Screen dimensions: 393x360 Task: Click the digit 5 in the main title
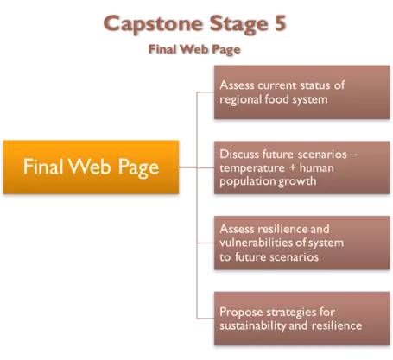[280, 23]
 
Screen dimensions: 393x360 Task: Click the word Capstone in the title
[153, 24]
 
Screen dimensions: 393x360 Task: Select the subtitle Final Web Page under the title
[194, 49]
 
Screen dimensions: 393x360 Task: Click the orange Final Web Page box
[91, 167]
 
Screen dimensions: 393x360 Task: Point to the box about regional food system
[301, 92]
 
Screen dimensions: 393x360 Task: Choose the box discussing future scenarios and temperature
[301, 167]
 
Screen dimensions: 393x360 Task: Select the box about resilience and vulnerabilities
[301, 243]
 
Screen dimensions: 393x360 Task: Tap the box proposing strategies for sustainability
[301, 319]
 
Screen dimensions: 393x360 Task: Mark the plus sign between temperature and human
[293, 167]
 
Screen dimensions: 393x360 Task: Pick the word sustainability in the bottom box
[252, 326]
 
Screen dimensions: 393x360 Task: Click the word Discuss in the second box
[239, 155]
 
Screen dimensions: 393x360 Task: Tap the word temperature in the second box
[252, 168]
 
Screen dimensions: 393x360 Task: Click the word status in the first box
[315, 85]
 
